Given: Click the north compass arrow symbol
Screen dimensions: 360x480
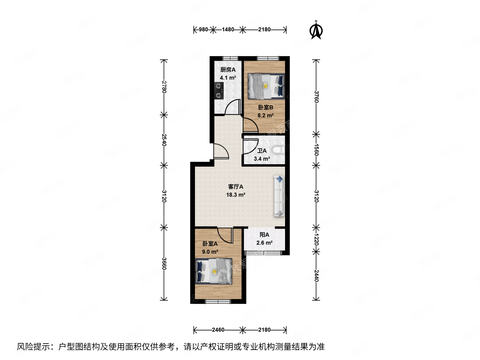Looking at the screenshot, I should [316, 30].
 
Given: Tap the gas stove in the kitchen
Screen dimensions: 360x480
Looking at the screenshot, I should [218, 90].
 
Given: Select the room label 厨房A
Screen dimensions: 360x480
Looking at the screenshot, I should [228, 70].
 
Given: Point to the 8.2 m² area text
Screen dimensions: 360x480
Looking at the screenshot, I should [265, 115].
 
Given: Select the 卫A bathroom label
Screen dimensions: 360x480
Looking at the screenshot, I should [262, 151].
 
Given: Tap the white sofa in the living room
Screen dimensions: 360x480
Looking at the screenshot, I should [279, 196].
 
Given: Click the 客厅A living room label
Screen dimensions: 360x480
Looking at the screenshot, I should [236, 187].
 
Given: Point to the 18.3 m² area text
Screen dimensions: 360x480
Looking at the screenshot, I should [236, 195].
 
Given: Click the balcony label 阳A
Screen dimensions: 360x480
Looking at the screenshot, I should [264, 235].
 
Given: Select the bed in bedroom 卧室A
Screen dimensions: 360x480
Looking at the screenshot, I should [214, 271].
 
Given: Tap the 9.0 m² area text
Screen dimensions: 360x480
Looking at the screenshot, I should [210, 252].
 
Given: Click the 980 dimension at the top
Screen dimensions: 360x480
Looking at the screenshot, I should [203, 29].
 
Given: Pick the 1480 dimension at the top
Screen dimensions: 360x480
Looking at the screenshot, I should [228, 29].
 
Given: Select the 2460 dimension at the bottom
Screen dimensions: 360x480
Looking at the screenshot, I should [218, 330].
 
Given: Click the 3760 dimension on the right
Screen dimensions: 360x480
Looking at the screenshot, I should [316, 97].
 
